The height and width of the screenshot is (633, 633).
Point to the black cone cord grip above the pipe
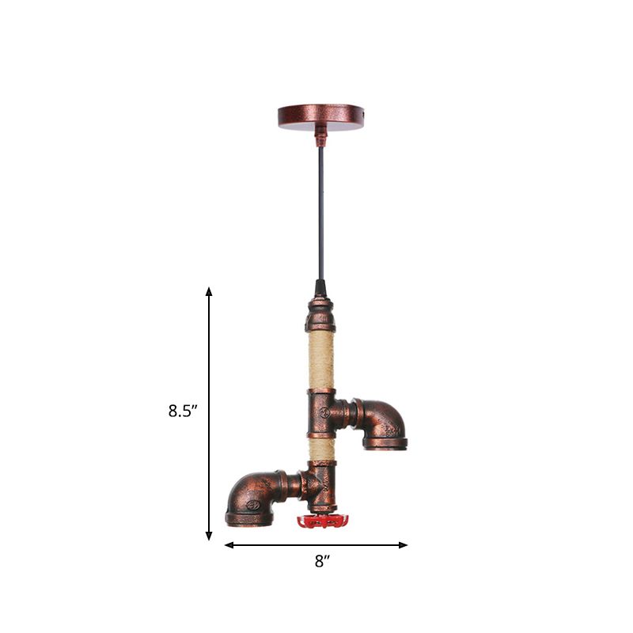pos(320,286)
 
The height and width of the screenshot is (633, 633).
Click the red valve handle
pos(322,521)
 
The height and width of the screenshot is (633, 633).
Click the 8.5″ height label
pos(182,411)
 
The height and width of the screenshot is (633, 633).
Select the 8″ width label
pos(320,562)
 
